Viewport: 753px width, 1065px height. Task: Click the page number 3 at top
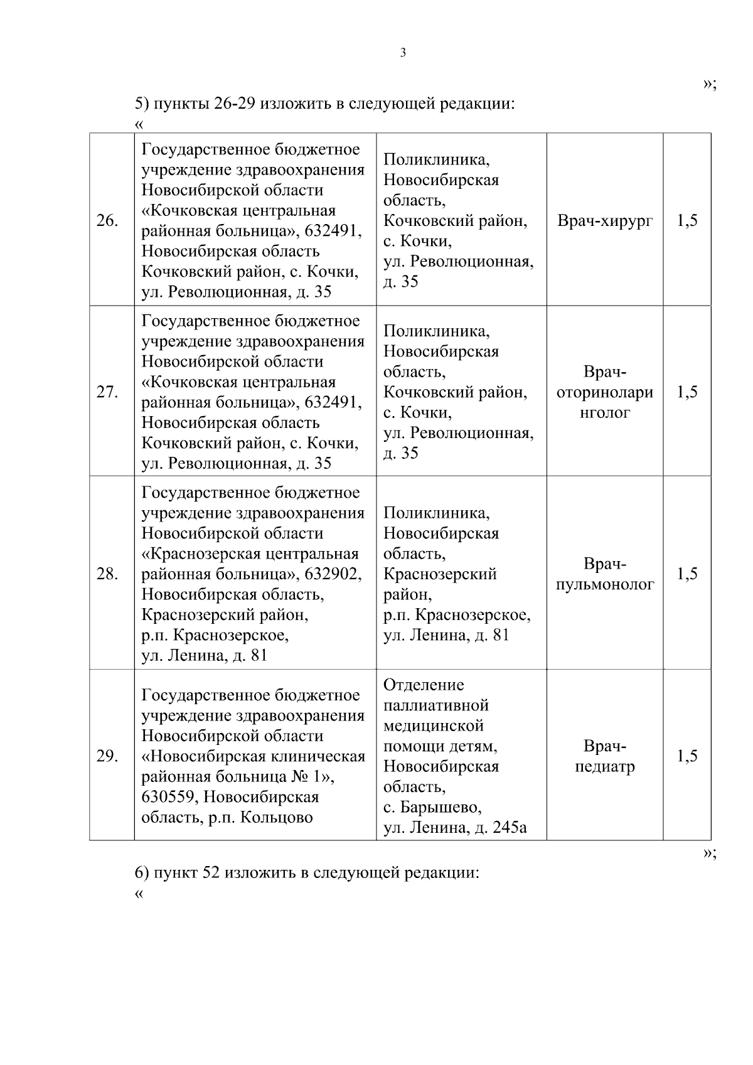pos(403,53)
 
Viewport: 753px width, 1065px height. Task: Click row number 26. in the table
pos(107,221)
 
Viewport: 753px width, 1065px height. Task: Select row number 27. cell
pos(107,392)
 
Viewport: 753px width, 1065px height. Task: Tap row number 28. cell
pos(107,574)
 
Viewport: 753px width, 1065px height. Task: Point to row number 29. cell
pos(107,756)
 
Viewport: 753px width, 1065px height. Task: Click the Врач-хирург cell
pos(604,221)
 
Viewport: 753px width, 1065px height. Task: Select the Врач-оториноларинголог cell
pos(604,392)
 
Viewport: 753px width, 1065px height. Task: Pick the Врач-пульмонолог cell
pos(604,574)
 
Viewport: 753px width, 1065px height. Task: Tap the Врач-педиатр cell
pos(604,756)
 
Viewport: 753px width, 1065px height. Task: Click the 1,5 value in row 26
pos(687,221)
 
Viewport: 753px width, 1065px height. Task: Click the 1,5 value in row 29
pos(687,756)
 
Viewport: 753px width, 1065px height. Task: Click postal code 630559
pos(168,797)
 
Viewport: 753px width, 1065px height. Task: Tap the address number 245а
pos(510,828)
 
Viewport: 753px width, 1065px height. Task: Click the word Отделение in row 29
pos(424,685)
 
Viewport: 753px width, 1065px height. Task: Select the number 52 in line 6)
pos(210,873)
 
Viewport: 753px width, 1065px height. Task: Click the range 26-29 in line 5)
pos(233,104)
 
